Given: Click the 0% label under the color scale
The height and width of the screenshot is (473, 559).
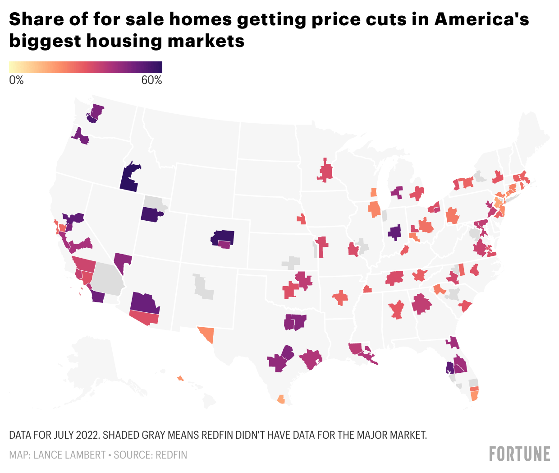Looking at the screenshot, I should coord(16,80).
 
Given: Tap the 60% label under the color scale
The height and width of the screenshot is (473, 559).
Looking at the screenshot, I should coord(151,80).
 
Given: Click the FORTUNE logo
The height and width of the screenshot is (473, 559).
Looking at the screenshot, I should coord(520,454).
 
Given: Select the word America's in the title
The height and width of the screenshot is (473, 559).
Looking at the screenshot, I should coord(481,19).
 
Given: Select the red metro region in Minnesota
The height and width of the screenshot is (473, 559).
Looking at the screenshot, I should coord(325,172).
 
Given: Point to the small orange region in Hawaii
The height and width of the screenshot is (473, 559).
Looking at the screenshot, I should coord(180,378).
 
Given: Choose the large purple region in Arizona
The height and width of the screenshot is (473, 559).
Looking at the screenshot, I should coord(144,302).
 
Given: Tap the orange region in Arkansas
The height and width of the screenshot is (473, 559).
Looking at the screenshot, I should coord(340,297).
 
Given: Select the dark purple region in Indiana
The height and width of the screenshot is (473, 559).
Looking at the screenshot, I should coord(394,232).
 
